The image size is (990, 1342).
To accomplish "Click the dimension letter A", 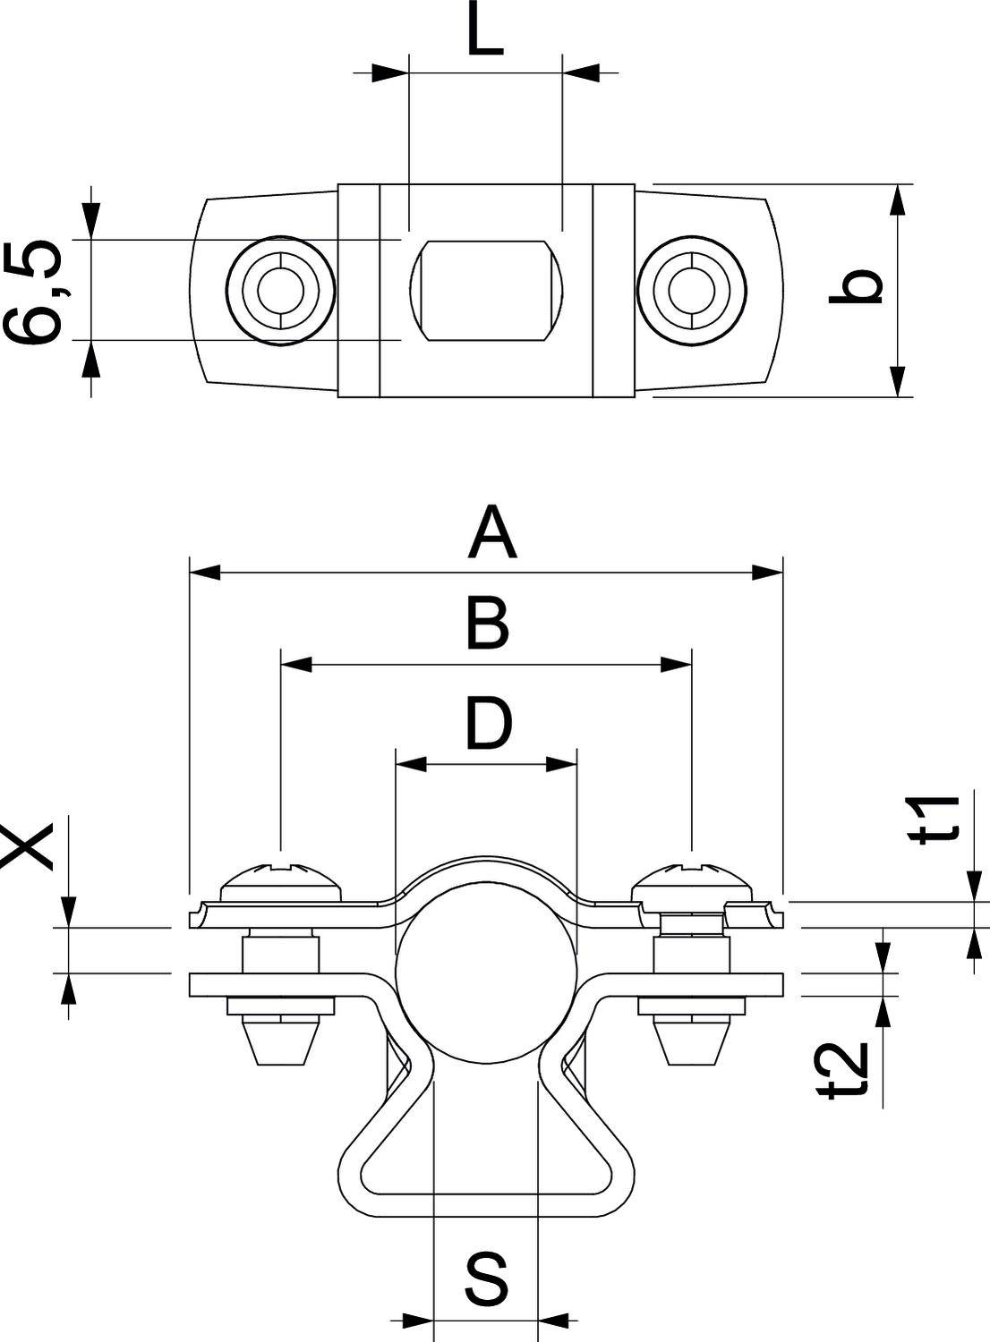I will [x=492, y=532].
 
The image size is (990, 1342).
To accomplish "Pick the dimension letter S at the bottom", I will [x=487, y=1278].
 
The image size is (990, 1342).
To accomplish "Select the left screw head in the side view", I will [x=282, y=881].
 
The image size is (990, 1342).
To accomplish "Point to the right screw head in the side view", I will [x=691, y=881].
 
